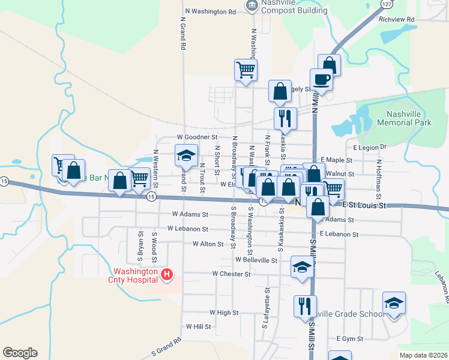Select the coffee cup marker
[x=321, y=79]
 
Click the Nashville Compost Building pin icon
[x=251, y=6]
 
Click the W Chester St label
[x=231, y=274]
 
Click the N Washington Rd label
[x=211, y=11]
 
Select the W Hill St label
[x=198, y=327]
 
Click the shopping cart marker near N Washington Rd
[x=246, y=70]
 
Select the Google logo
[x=20, y=353]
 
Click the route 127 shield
[x=387, y=4]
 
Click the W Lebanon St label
[x=188, y=229]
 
